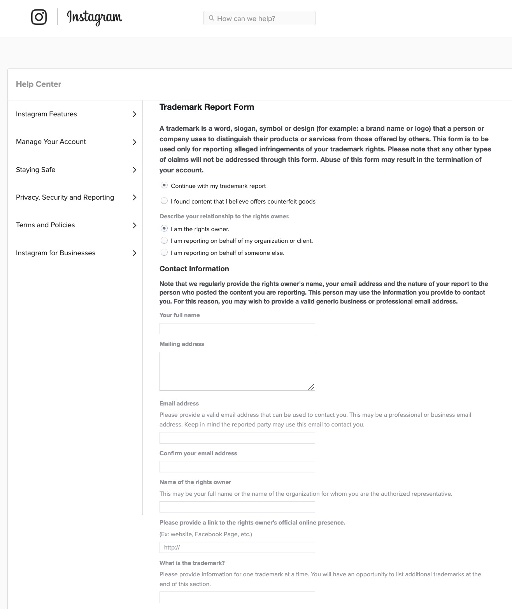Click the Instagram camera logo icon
pyautogui.click(x=39, y=17)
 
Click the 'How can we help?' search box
pyautogui.click(x=260, y=18)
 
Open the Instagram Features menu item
pyautogui.click(x=46, y=114)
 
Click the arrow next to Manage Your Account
pyautogui.click(x=135, y=142)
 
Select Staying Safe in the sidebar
pyautogui.click(x=36, y=170)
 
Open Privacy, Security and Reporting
pyautogui.click(x=65, y=197)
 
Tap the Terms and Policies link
pyautogui.click(x=46, y=225)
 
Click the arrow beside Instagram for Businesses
pyautogui.click(x=135, y=253)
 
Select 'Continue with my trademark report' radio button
pyautogui.click(x=164, y=186)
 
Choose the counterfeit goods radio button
pyautogui.click(x=164, y=201)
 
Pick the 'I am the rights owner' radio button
pyautogui.click(x=164, y=229)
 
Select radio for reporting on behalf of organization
pyautogui.click(x=164, y=240)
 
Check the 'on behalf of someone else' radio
pyautogui.click(x=164, y=253)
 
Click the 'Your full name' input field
pyautogui.click(x=237, y=328)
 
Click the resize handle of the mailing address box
pyautogui.click(x=311, y=387)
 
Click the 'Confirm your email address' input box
pyautogui.click(x=237, y=467)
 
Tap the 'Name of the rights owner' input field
pyautogui.click(x=237, y=507)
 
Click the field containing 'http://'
pyautogui.click(x=237, y=547)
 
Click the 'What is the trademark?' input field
pyautogui.click(x=237, y=597)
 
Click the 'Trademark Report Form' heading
pyautogui.click(x=207, y=107)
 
